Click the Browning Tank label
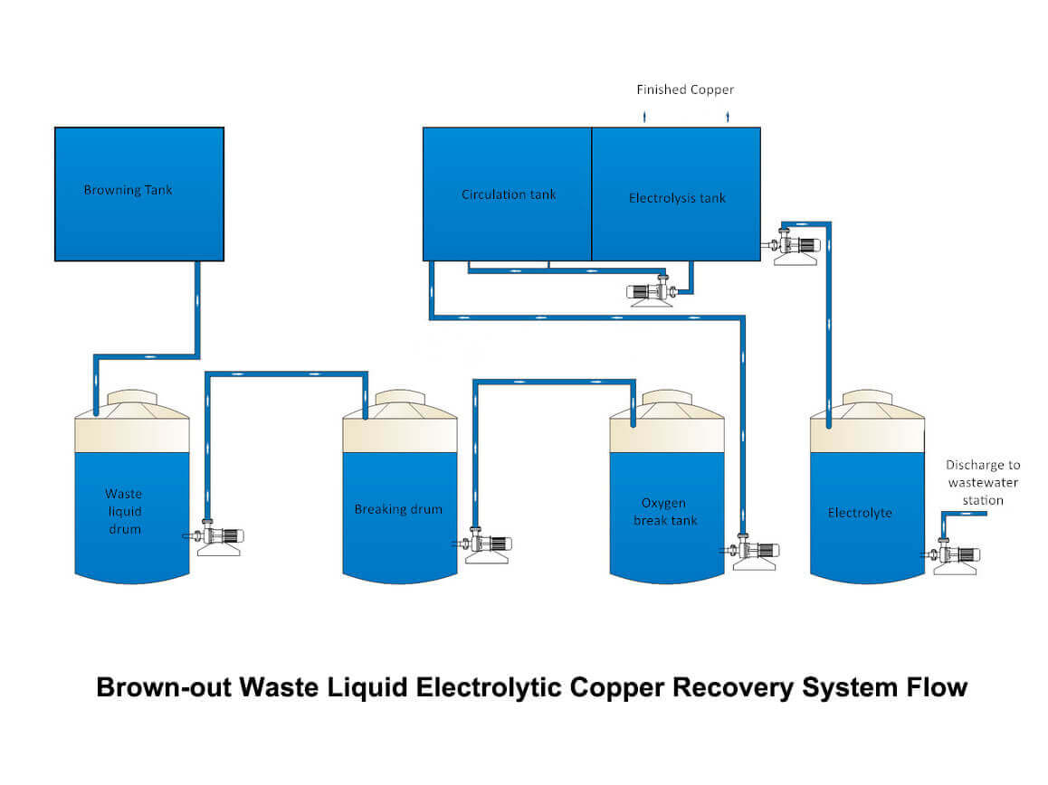pyautogui.click(x=128, y=190)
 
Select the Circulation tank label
pyautogui.click(x=509, y=194)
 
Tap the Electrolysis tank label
pyautogui.click(x=677, y=198)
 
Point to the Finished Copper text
pyautogui.click(x=685, y=90)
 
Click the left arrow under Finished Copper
pyautogui.click(x=644, y=117)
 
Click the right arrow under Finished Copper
pyautogui.click(x=728, y=117)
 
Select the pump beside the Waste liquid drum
pyautogui.click(x=218, y=538)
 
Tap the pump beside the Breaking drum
pyautogui.click(x=486, y=546)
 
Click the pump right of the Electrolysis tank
pyautogui.click(x=796, y=247)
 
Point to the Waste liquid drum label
pyautogui.click(x=124, y=511)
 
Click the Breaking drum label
pyautogui.click(x=398, y=509)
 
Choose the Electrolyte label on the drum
pyautogui.click(x=860, y=513)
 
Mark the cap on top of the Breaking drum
pyautogui.click(x=400, y=398)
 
